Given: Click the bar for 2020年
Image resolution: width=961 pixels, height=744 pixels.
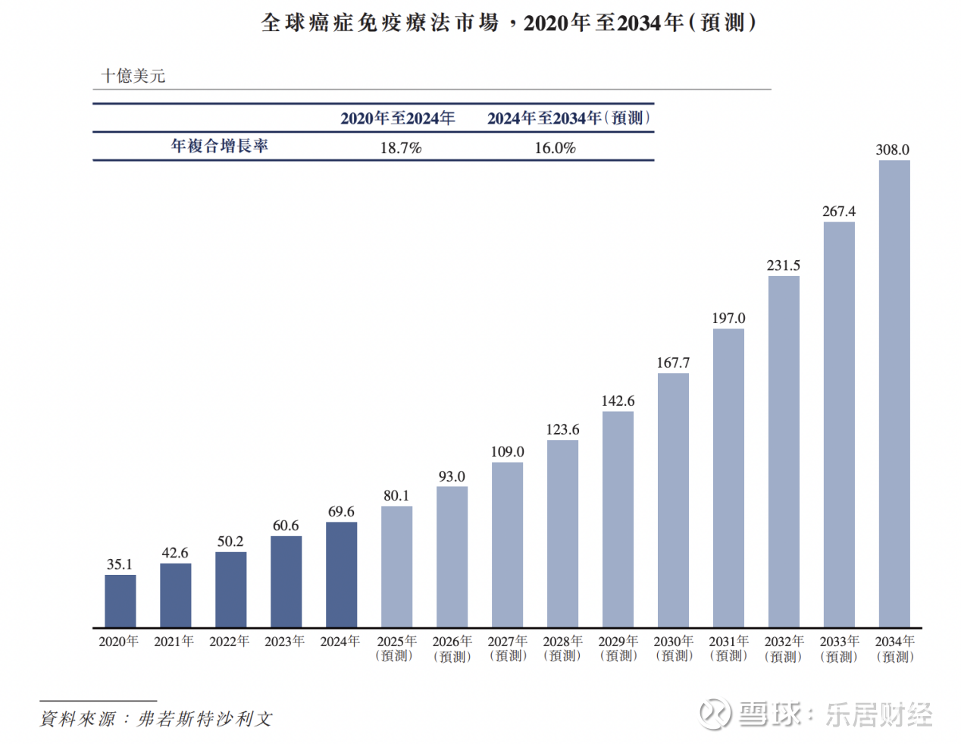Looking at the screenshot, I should (120, 601).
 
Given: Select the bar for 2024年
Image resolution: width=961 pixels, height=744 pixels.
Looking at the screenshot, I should (341, 574).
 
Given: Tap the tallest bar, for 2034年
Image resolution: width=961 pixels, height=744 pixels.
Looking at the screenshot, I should (894, 394).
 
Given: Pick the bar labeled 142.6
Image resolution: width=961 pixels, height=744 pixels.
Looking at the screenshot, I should (618, 519).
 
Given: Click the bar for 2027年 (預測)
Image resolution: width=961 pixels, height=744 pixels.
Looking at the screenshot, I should (507, 545).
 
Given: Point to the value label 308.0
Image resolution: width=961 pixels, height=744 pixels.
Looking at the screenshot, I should (892, 149).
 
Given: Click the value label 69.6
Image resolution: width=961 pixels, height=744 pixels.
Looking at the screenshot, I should (341, 512).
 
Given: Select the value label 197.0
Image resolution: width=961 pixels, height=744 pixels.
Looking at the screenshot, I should (728, 319).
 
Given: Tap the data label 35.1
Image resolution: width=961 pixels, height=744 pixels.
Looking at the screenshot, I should (120, 564).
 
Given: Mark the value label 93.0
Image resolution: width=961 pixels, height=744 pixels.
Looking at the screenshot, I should (452, 476).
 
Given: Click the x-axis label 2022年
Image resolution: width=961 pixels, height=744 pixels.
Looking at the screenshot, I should (229, 642).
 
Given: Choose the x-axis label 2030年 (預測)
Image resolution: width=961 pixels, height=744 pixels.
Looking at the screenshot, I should (673, 648).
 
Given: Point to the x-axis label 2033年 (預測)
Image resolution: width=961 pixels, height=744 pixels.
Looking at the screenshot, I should (839, 648).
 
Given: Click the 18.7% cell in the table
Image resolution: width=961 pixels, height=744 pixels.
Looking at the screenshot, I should (400, 148).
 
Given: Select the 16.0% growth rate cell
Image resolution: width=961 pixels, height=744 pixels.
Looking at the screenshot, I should (555, 148).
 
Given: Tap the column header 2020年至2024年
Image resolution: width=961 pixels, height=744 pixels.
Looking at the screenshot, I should (397, 118).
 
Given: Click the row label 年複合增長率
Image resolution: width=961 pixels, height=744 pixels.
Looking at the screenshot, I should (220, 146).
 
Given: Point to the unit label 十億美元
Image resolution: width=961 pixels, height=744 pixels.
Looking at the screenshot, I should (133, 76).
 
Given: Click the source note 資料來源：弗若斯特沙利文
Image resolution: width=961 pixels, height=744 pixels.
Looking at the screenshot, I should (156, 718).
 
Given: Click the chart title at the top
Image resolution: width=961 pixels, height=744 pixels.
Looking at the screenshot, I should (509, 23).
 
